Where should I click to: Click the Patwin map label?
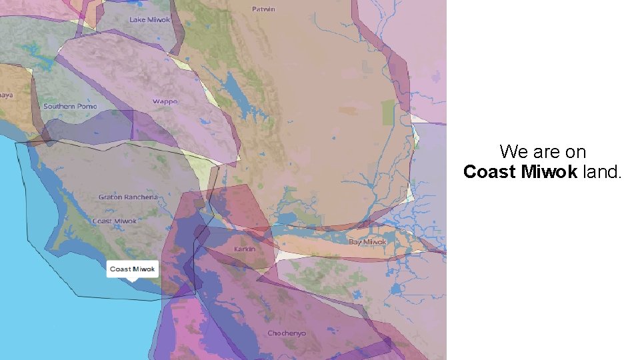coord(263,9)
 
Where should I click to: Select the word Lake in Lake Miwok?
coord(137,20)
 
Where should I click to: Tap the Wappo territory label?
coord(165,101)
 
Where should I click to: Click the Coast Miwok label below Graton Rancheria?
coord(114,221)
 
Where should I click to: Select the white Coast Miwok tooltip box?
coord(132,269)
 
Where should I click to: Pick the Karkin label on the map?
coord(244,249)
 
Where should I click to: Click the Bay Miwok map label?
coord(367,241)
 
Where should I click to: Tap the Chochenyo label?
coord(286,333)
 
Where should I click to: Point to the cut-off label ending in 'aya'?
coord(5,95)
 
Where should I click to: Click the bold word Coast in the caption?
coord(489,172)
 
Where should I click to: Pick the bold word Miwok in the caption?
coord(549,172)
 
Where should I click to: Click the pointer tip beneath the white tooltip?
coord(132,280)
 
